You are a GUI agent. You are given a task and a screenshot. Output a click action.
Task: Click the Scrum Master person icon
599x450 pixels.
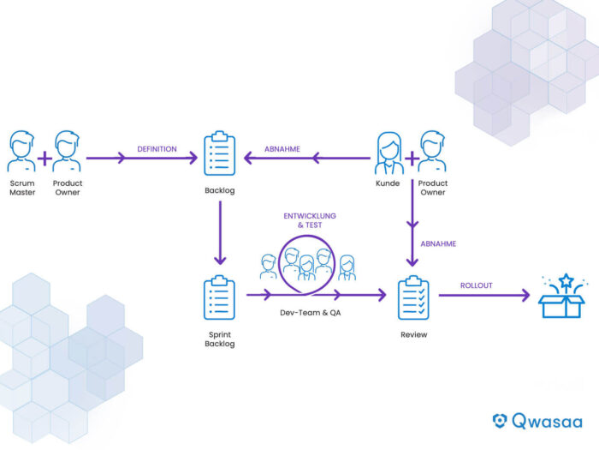click(21, 151)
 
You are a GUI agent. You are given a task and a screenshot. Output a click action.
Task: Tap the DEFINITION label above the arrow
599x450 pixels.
click(157, 149)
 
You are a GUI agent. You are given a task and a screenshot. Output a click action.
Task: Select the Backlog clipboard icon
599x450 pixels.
click(220, 153)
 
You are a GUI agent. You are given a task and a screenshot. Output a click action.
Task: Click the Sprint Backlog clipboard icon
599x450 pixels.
click(219, 297)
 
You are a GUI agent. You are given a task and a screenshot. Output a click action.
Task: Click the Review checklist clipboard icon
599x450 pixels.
click(413, 297)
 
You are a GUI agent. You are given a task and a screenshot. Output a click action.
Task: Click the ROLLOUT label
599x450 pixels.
click(477, 285)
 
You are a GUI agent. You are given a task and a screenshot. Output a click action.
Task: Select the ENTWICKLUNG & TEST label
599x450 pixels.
click(310, 220)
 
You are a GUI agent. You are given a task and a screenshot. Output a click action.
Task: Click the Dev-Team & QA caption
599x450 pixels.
click(310, 313)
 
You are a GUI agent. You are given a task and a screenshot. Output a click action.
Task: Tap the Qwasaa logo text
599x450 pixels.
click(547, 421)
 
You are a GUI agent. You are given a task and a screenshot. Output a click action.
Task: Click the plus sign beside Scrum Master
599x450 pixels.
click(44, 158)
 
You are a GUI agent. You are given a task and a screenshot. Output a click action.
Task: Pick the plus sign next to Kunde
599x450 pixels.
click(412, 158)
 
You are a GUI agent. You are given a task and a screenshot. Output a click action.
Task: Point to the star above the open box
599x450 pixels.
click(566, 280)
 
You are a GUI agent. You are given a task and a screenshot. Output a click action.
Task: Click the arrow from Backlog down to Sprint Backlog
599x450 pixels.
click(220, 232)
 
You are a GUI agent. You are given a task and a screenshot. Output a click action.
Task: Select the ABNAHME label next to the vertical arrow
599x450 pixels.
click(438, 243)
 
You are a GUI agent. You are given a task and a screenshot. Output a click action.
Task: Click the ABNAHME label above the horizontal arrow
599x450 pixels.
click(282, 149)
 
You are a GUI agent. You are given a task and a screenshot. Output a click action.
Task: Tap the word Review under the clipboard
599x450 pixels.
click(413, 334)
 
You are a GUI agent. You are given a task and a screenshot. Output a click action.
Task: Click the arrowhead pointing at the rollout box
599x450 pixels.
click(525, 295)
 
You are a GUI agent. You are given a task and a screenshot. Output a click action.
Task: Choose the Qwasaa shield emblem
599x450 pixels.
click(500, 421)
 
